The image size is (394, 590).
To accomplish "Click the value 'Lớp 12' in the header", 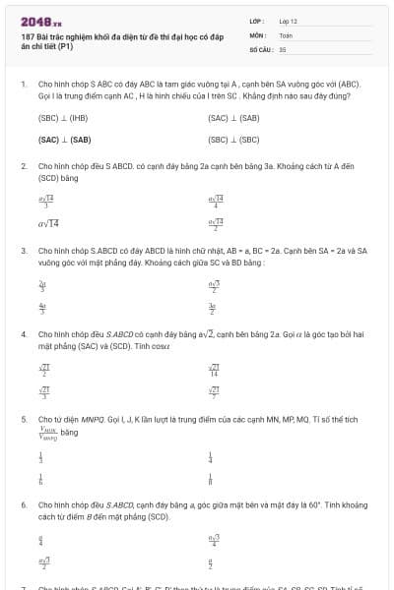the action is tap(288, 21).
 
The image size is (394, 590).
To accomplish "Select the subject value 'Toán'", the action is tap(286, 34).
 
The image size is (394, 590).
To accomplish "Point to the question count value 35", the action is tap(283, 48).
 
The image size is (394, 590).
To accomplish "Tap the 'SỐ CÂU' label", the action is tap(260, 48).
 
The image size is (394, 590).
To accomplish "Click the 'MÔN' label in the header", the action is tap(258, 34).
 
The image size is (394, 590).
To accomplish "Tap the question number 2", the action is tap(23, 166).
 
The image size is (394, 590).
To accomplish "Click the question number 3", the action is tap(23, 251).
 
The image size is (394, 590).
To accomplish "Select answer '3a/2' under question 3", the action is tap(211, 307).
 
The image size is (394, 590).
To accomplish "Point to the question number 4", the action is tap(23, 334).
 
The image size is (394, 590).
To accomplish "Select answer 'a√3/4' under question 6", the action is tap(214, 539).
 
